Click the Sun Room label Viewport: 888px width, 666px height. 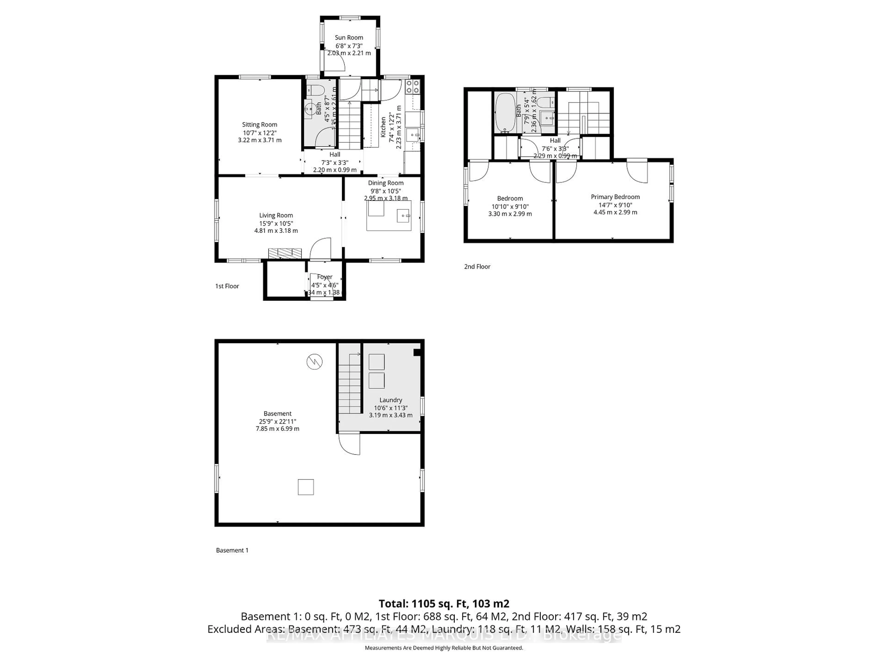click(349, 37)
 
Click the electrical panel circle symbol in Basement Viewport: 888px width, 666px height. click(314, 362)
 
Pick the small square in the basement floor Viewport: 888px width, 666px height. click(305, 487)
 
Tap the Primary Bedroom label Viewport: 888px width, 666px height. click(615, 197)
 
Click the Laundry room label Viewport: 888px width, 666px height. click(391, 400)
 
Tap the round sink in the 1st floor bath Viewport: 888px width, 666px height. click(310, 108)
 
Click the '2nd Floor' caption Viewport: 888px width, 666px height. click(477, 267)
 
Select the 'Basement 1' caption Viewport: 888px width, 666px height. click(232, 550)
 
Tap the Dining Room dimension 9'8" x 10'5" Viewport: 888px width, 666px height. click(385, 191)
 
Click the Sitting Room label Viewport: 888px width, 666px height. click(259, 124)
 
